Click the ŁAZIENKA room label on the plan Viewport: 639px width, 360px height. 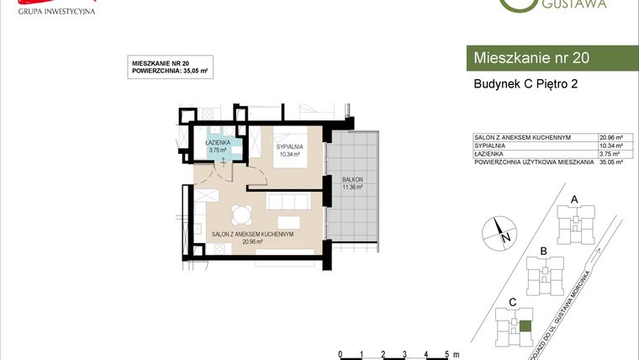pyautogui.click(x=218, y=143)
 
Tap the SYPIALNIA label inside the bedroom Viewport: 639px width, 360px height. pyautogui.click(x=289, y=147)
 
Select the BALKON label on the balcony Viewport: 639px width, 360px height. pyautogui.click(x=351, y=179)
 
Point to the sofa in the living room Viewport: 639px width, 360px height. pyautogui.click(x=287, y=203)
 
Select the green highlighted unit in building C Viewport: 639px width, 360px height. pyautogui.click(x=525, y=327)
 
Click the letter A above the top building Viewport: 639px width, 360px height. pyautogui.click(x=574, y=199)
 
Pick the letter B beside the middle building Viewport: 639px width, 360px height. pyautogui.click(x=544, y=251)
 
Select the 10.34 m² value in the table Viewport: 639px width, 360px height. pyautogui.click(x=610, y=145)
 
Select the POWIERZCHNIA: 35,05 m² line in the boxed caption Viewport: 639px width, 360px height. pyautogui.click(x=170, y=71)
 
